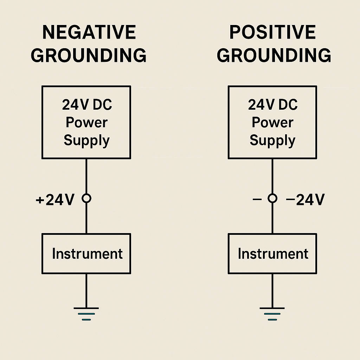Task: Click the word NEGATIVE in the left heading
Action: click(x=89, y=33)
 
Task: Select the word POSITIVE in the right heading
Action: click(x=273, y=33)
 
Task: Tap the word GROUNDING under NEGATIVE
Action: click(x=89, y=56)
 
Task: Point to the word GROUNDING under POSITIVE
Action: click(x=274, y=56)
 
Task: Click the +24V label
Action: click(x=55, y=200)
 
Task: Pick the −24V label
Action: click(x=305, y=200)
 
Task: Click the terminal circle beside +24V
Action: click(x=86, y=199)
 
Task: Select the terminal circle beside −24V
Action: click(x=272, y=199)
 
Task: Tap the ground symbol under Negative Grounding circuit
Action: click(x=86, y=314)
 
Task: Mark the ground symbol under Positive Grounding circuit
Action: click(x=272, y=314)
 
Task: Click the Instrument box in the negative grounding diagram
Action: click(x=86, y=253)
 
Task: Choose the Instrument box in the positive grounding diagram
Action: click(x=272, y=253)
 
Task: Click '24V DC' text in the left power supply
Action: click(x=87, y=105)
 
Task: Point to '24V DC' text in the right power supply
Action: click(x=273, y=105)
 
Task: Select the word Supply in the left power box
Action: click(x=87, y=141)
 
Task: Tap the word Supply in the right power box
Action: click(x=273, y=141)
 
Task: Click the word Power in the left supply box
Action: click(x=87, y=122)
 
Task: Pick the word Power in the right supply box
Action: click(x=273, y=122)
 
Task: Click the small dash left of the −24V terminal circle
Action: click(x=257, y=199)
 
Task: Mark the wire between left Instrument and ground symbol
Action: click(x=86, y=290)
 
